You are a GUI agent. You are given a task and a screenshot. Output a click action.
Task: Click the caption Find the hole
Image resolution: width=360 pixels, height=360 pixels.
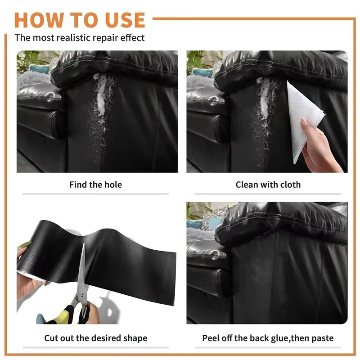(95, 184)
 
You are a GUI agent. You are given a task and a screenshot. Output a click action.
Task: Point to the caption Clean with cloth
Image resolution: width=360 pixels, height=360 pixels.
(268, 184)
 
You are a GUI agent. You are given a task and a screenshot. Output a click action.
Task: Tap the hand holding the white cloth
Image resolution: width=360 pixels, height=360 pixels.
(319, 147)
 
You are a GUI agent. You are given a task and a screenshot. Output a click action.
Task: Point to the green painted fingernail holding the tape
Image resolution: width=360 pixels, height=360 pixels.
(25, 245)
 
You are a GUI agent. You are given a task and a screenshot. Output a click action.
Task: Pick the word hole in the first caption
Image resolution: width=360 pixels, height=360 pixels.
(113, 184)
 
